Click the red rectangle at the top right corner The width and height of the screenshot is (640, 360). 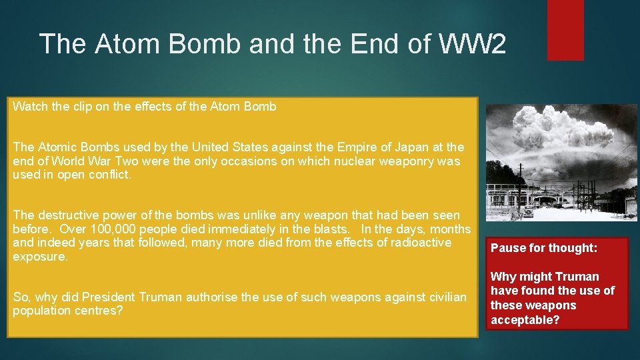[565, 29]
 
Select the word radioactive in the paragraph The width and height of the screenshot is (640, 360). [417, 243]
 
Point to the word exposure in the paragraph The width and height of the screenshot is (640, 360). [39, 257]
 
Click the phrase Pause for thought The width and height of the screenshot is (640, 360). [544, 248]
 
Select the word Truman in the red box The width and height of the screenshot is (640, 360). [577, 277]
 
